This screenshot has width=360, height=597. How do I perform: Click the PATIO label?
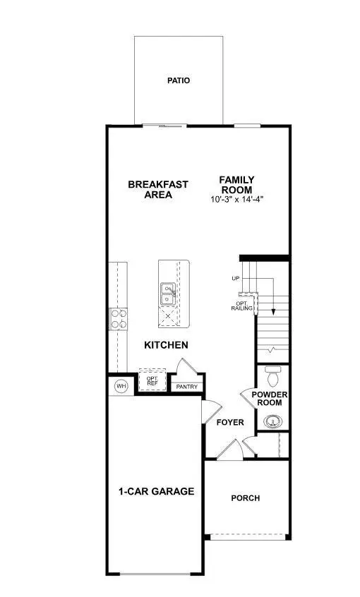click(179, 80)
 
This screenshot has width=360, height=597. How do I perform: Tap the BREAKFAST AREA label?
click(158, 190)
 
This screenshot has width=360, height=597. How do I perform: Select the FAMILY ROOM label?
click(236, 185)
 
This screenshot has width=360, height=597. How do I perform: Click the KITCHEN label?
click(166, 345)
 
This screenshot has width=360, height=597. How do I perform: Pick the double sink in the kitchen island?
click(168, 294)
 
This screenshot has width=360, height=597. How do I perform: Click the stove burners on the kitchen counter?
click(119, 319)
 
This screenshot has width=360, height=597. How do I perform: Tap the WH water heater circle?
click(121, 386)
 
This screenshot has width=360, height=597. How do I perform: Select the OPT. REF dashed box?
click(152, 380)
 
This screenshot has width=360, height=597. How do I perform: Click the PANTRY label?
click(187, 387)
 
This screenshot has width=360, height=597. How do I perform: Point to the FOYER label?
click(229, 423)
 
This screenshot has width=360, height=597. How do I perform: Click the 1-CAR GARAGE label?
click(157, 491)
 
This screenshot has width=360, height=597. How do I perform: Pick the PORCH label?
click(246, 498)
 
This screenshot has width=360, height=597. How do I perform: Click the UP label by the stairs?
click(235, 279)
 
